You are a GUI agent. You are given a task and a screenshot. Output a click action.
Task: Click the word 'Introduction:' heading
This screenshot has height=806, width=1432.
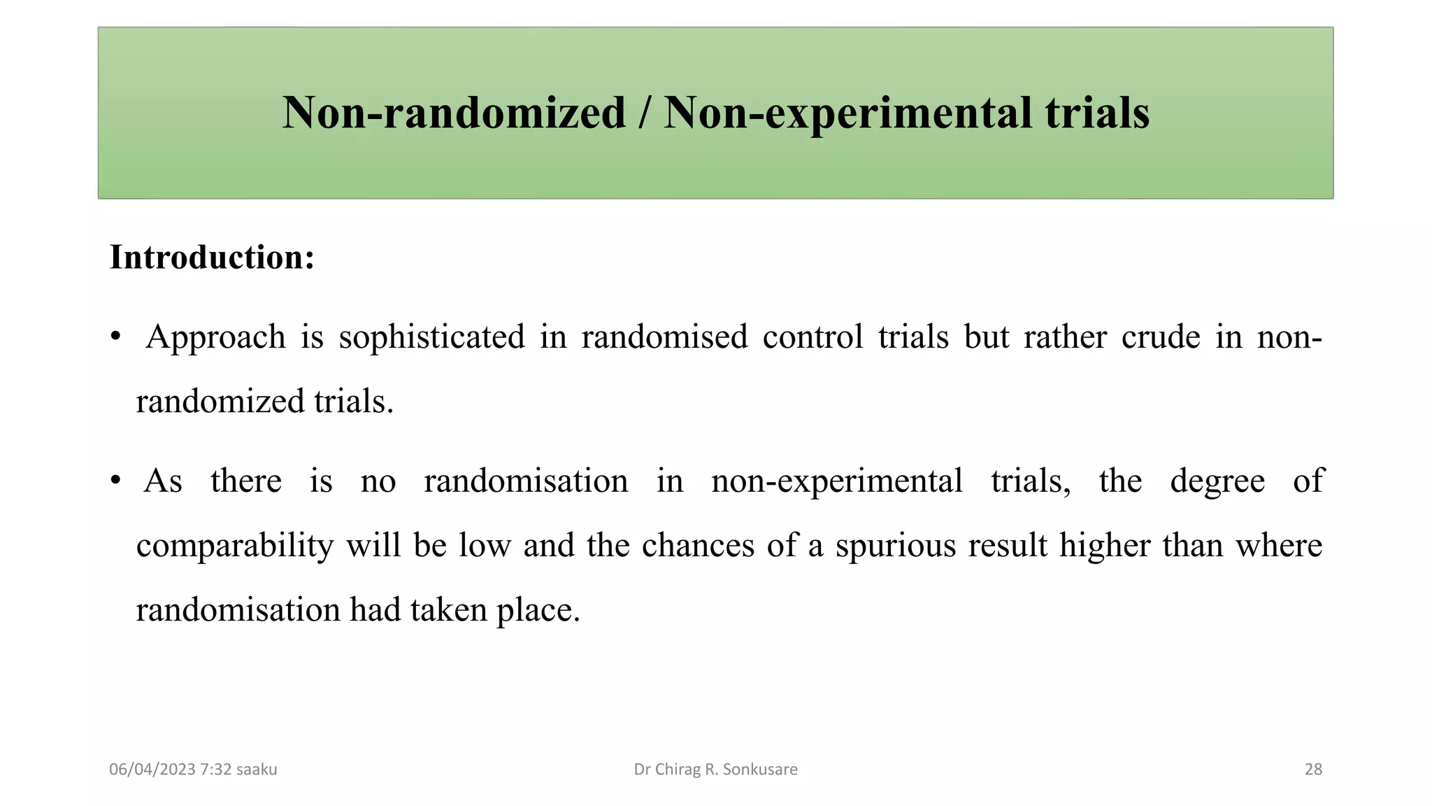tap(212, 257)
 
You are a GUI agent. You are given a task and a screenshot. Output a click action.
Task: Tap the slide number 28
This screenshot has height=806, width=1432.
tap(1313, 770)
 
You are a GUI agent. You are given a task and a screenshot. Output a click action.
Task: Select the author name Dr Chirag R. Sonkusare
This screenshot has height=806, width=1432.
tap(715, 770)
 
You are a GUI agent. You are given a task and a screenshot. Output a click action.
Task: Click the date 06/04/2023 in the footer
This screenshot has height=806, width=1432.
tap(152, 770)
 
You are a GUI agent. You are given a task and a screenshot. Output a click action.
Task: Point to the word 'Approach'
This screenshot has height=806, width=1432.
tap(215, 337)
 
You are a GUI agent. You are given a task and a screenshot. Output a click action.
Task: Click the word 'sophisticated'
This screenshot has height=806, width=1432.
tap(431, 337)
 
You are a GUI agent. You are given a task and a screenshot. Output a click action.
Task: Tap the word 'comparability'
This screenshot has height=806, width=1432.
tap(235, 546)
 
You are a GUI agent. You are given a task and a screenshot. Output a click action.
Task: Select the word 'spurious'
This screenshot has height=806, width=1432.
tap(895, 546)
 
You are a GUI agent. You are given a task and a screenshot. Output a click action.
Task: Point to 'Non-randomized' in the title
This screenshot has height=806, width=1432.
tap(454, 113)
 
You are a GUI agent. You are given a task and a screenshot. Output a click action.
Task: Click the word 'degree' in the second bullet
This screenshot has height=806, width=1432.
tap(1217, 481)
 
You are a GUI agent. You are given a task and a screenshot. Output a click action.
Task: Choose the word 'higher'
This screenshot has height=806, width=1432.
tap(1104, 546)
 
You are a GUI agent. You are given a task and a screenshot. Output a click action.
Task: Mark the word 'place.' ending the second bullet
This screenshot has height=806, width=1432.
tap(538, 610)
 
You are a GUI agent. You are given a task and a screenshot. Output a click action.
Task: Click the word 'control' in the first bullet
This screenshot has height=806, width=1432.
tap(812, 337)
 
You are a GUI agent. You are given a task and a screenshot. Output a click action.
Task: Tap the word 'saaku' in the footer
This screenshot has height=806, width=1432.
tap(257, 770)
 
